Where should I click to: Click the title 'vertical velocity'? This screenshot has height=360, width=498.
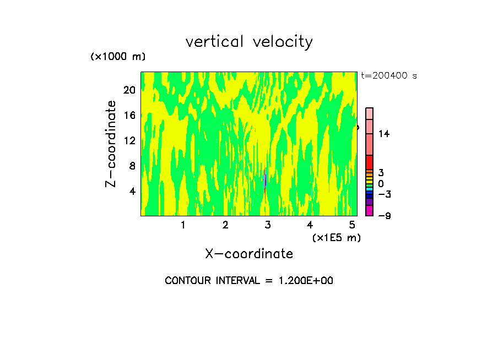point(249,42)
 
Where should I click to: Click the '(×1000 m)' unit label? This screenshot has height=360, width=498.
point(117,57)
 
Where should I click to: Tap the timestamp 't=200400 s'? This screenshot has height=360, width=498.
point(388,75)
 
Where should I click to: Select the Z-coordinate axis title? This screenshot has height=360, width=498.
point(111,143)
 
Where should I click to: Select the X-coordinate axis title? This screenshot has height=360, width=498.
point(249,254)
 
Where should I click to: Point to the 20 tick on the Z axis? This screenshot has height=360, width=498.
point(129,90)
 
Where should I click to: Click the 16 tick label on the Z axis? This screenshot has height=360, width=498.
point(129,115)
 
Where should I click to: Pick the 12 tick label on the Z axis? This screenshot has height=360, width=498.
point(129,140)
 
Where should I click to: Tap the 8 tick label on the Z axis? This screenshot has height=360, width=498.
point(132,166)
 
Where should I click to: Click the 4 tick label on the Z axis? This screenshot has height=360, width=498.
point(132,191)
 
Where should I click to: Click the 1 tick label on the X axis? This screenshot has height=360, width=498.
point(183,225)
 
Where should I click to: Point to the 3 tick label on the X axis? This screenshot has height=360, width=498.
point(268,225)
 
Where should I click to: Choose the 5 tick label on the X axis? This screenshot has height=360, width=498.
point(352,225)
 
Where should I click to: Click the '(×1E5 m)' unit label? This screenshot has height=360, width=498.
point(336,237)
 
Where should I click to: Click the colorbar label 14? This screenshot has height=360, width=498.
point(384,134)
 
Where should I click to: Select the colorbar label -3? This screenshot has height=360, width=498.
point(384,194)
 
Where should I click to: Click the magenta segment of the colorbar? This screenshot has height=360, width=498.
point(369,210)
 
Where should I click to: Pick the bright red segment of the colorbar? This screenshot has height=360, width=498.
point(369,162)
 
